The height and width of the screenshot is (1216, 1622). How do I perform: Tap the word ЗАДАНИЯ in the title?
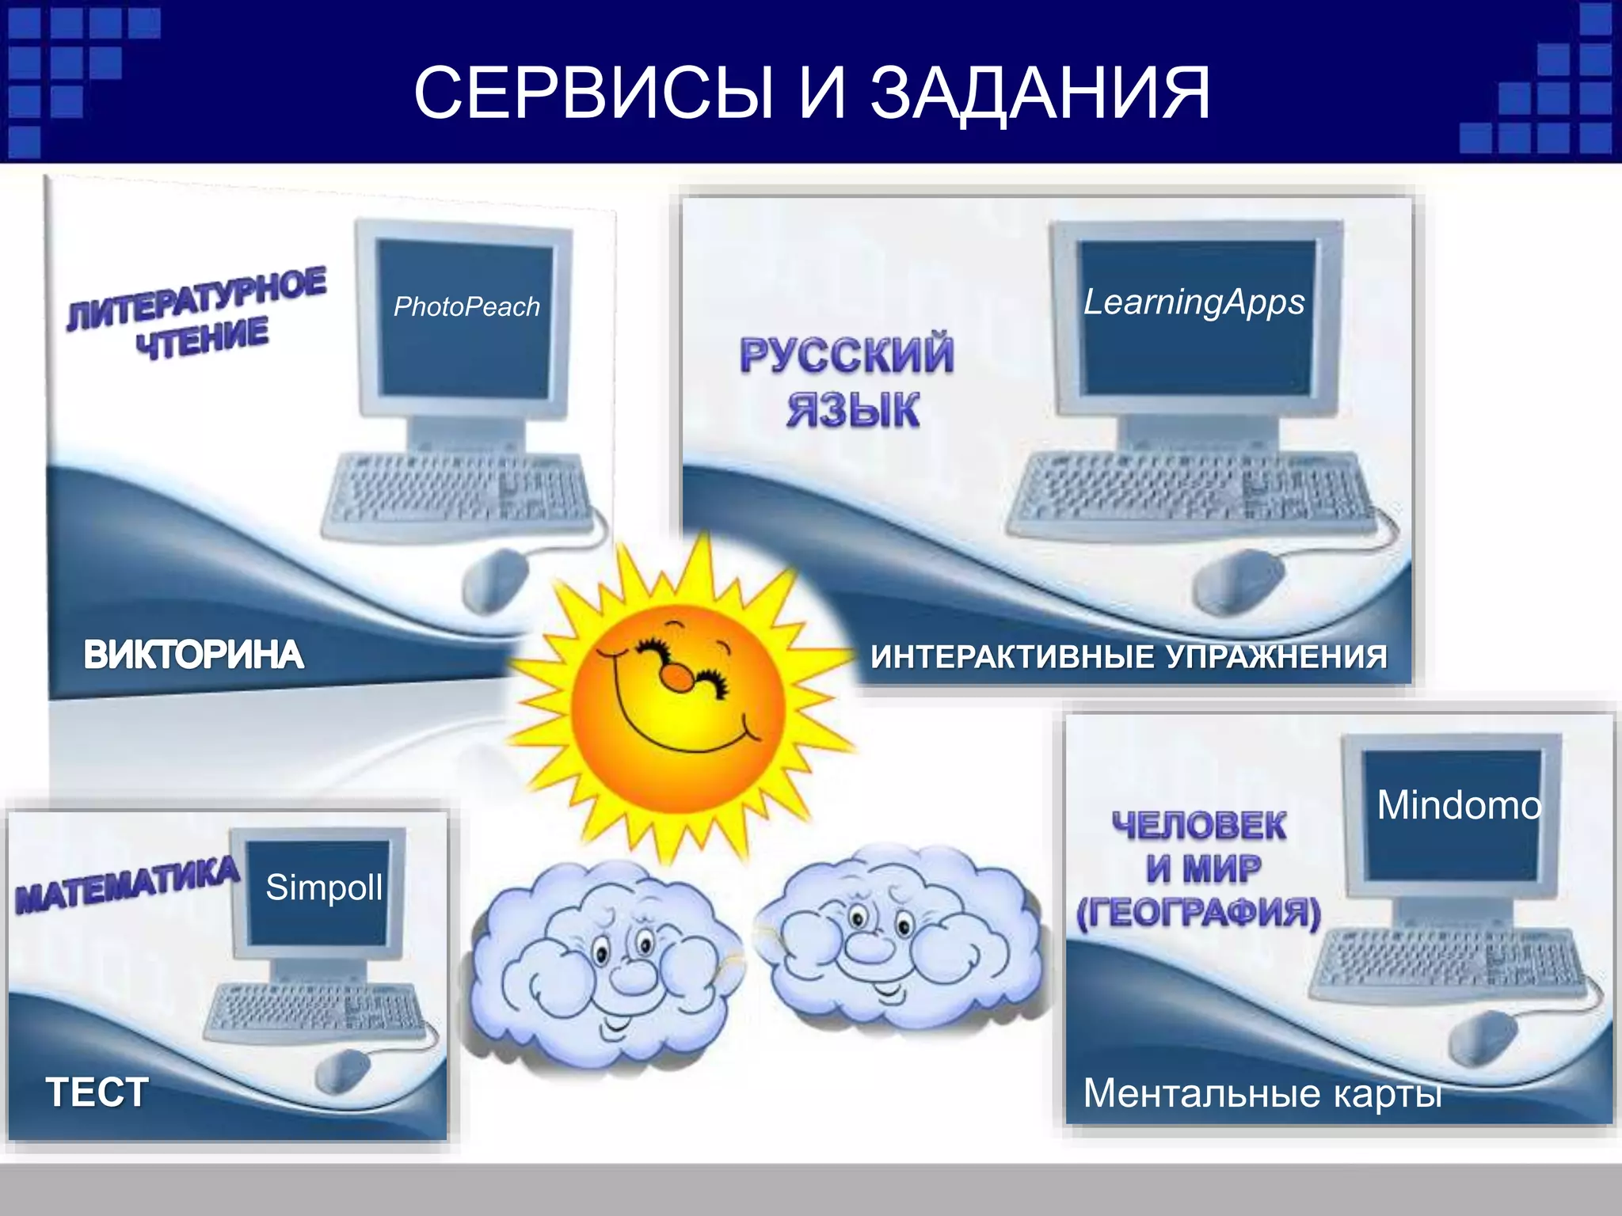pos(1041,93)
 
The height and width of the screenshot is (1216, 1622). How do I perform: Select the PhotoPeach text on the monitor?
pos(466,306)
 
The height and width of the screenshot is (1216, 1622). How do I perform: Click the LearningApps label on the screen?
pos(1194,302)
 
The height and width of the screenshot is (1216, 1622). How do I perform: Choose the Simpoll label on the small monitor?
pos(324,887)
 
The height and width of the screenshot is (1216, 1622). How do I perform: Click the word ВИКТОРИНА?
pos(193,655)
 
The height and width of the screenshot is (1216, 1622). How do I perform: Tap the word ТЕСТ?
pos(97,1092)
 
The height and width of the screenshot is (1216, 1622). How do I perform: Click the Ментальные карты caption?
pos(1261,1093)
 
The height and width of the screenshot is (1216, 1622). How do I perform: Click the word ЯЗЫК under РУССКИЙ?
pos(853,410)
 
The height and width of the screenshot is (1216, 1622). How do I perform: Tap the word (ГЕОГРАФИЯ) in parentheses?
pos(1198,913)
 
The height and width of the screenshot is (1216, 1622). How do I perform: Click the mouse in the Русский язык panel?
pos(1237,582)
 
